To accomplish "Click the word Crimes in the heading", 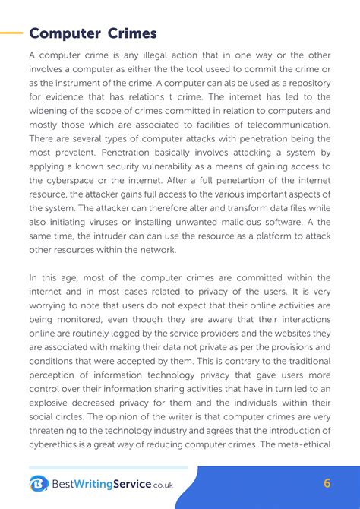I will coord(132,33).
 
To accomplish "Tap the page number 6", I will coord(327,484).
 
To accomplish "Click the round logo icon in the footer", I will coord(39,484).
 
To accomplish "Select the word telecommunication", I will coord(284,125).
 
